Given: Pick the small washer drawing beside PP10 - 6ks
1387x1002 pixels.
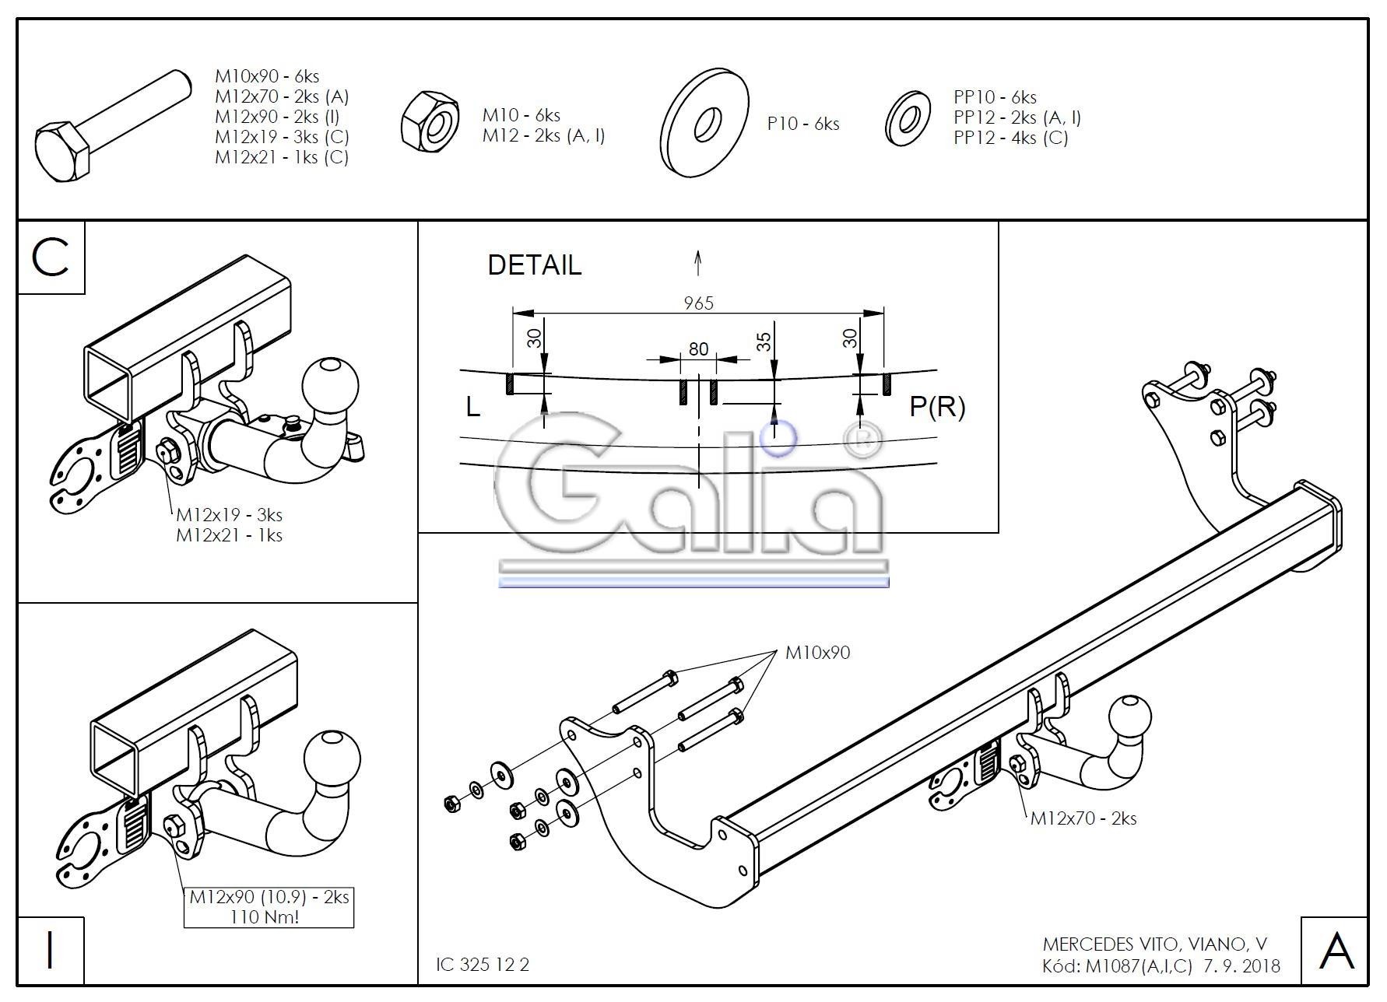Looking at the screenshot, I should click(908, 119).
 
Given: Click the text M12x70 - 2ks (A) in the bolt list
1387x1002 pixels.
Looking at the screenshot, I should click(282, 96).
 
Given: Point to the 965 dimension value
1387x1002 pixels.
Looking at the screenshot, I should click(698, 303).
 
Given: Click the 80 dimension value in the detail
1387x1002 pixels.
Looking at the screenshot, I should click(698, 349).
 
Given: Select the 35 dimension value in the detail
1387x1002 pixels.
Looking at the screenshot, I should click(764, 342).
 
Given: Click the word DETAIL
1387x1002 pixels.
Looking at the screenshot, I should click(534, 265).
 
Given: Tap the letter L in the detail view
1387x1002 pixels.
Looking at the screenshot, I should click(472, 406).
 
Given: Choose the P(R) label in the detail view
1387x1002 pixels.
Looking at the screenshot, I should click(937, 406).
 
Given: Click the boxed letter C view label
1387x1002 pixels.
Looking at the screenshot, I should click(51, 258).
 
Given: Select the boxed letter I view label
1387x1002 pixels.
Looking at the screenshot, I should click(51, 950).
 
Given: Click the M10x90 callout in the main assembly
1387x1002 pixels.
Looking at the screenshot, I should click(817, 653).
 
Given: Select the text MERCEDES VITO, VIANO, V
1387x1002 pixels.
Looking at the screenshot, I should click(1154, 944).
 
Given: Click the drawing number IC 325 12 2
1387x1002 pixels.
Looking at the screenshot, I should click(483, 964).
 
